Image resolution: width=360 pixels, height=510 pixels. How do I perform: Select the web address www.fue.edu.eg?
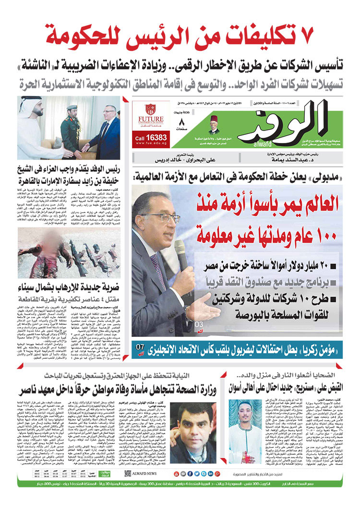(x=153, y=143)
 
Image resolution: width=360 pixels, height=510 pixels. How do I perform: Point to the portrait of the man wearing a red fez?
(x=214, y=125)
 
